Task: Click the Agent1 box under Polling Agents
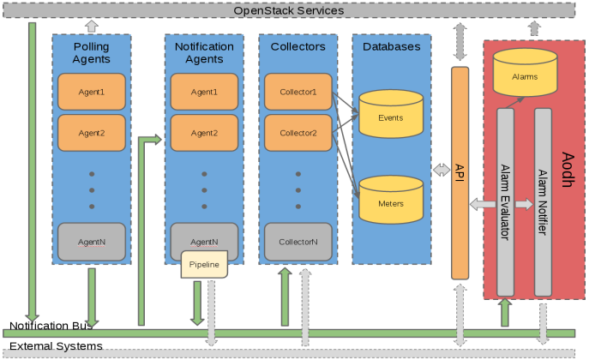click(92, 92)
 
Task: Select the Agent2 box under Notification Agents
click(204, 133)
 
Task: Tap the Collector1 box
click(298, 92)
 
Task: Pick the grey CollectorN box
click(298, 242)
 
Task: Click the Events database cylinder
click(391, 114)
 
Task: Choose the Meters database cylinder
click(391, 200)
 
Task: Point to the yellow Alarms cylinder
click(526, 72)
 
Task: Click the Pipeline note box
click(204, 264)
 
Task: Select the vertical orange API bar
click(460, 173)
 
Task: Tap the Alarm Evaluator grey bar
click(505, 202)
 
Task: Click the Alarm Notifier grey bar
click(543, 202)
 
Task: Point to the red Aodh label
click(568, 170)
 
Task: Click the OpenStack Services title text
click(288, 10)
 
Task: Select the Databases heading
click(392, 46)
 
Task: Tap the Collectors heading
click(298, 46)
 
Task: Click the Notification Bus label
click(51, 326)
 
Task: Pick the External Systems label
click(56, 345)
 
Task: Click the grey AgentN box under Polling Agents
click(92, 242)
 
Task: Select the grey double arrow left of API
click(442, 170)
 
